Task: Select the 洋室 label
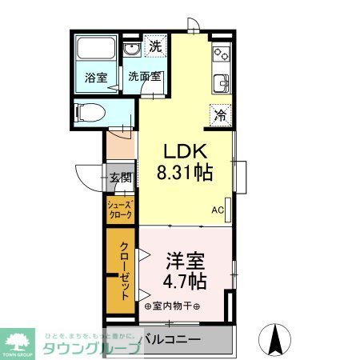tap(186, 262)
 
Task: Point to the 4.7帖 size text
tap(186, 281)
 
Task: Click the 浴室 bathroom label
tap(97, 78)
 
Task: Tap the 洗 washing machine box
tap(155, 46)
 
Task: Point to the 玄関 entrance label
tap(119, 178)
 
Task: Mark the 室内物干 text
tap(173, 306)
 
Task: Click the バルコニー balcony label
tap(172, 339)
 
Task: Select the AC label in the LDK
tap(217, 210)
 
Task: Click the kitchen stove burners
tap(221, 54)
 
